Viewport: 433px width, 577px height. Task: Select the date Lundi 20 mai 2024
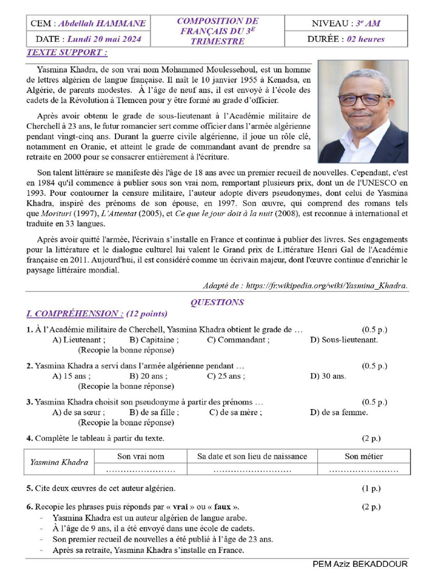104,39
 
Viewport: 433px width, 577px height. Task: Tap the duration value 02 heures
365,39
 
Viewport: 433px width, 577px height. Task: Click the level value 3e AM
366,24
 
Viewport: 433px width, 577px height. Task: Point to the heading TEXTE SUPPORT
67,53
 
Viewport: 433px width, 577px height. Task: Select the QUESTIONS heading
216,303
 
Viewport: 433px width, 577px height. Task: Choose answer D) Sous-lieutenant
344,340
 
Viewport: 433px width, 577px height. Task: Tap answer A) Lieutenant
78,340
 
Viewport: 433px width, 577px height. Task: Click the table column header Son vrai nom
140,456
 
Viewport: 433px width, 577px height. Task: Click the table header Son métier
364,456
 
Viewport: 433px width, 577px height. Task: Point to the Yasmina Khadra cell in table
59,463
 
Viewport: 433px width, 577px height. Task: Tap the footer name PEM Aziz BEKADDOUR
360,564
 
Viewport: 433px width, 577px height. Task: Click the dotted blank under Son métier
364,469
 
